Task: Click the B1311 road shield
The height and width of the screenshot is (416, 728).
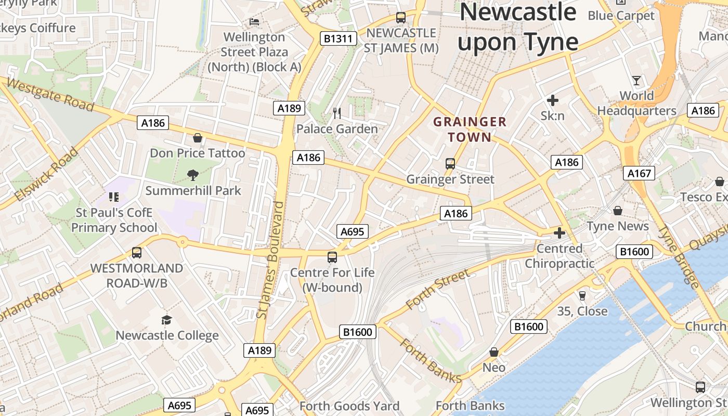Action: [339, 38]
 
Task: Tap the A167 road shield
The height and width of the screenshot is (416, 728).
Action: [639, 173]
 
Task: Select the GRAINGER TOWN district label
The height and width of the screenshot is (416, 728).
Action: [470, 129]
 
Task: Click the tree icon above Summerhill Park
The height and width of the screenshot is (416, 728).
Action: [193, 175]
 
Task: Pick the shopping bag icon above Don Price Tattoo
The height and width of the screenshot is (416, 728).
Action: [198, 138]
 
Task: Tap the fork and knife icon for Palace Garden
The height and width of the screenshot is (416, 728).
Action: [337, 113]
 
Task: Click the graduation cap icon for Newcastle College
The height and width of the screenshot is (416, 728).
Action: [166, 320]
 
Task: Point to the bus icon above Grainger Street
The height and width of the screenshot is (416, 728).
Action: [450, 164]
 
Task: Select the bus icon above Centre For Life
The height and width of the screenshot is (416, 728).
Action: [332, 257]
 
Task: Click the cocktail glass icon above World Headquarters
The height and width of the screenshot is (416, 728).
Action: [636, 81]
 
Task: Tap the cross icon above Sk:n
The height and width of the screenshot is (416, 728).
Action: [552, 100]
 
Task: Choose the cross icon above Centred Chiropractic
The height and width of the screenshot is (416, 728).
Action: [560, 233]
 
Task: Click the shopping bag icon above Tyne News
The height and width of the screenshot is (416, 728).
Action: [618, 211]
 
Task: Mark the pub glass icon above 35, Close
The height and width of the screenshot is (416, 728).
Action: [582, 295]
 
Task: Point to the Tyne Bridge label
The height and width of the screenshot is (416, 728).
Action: [679, 256]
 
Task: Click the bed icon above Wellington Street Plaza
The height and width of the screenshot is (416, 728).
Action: [254, 22]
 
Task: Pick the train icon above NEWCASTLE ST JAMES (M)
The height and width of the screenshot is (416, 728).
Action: [400, 18]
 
